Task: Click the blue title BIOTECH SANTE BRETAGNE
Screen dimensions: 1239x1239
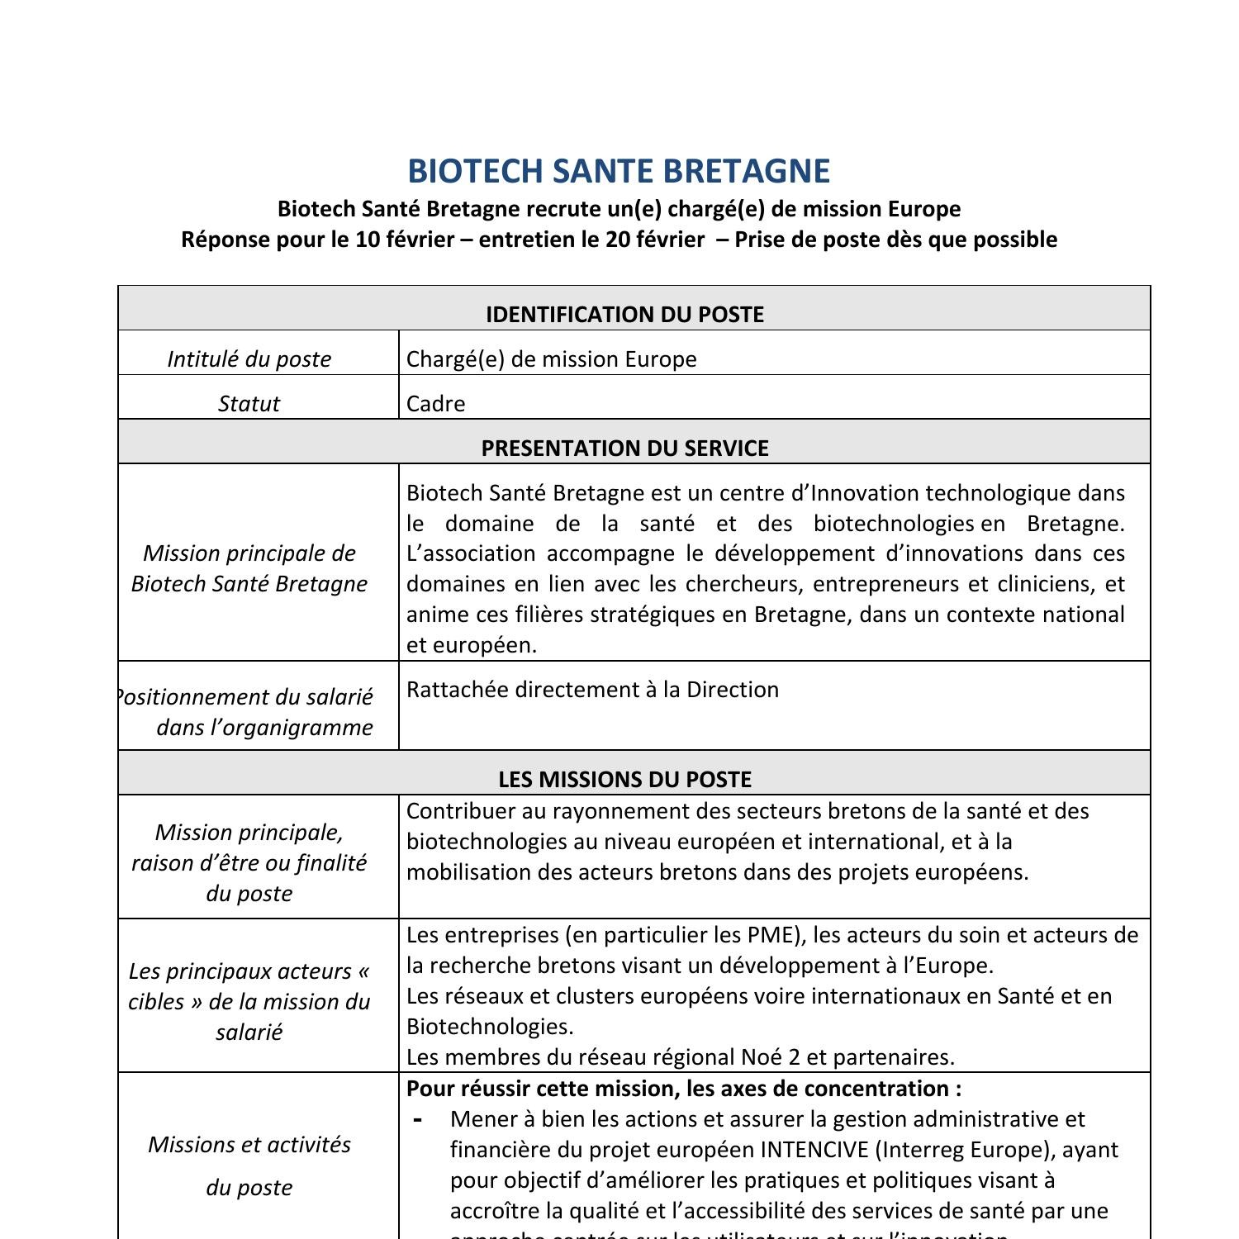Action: click(619, 171)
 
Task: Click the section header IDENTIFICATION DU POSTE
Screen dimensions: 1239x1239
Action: click(624, 315)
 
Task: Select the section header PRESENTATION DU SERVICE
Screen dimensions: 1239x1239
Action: click(624, 449)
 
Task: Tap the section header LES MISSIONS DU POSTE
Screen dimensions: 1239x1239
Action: click(624, 780)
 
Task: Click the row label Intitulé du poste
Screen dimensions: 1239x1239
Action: click(249, 359)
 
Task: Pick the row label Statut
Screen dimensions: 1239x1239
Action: click(249, 404)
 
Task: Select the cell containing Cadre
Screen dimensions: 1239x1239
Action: click(435, 404)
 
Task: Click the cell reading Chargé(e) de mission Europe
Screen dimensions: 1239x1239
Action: click(551, 359)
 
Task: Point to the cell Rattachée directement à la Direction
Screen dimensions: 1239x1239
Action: click(592, 690)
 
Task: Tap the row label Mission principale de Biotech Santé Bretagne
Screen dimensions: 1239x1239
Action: click(249, 568)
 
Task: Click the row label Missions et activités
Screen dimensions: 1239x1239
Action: click(249, 1145)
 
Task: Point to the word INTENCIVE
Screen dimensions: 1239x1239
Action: click(814, 1150)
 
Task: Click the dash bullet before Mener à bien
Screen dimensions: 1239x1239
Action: click(418, 1120)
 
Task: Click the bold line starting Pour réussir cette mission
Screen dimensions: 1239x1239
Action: click(683, 1089)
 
